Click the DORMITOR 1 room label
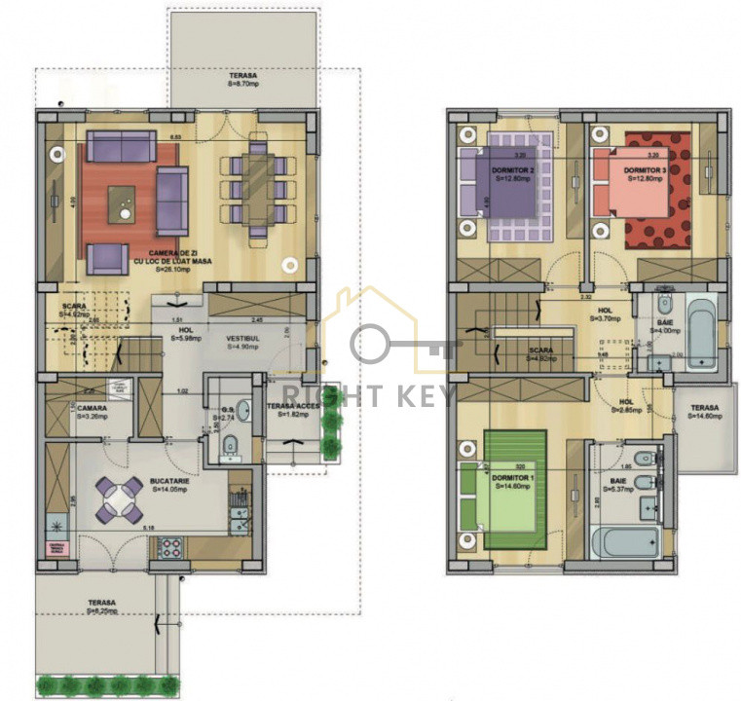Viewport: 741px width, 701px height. tap(513, 482)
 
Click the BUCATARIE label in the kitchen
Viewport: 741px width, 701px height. tap(168, 484)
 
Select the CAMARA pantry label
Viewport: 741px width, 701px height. tap(93, 411)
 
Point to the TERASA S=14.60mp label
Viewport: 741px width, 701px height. tap(704, 412)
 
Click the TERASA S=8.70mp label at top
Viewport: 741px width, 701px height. tap(243, 79)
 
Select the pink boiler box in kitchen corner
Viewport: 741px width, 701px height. tap(56, 548)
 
